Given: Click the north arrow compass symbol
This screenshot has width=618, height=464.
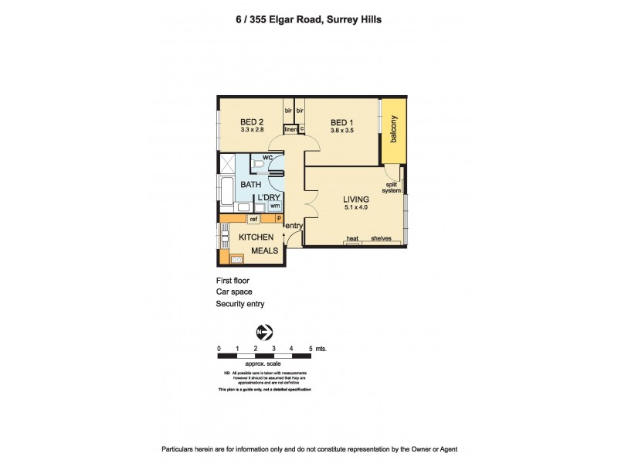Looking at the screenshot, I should pos(265,333).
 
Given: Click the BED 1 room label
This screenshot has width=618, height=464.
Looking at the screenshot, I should pos(342,121).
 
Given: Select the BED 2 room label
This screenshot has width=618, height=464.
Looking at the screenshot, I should pos(252,121).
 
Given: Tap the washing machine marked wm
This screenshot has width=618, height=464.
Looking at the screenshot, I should pos(274,206).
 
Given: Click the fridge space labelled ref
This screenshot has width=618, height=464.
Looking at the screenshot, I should pos(253,219).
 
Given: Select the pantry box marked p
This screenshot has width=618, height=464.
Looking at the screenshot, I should pos(278,219).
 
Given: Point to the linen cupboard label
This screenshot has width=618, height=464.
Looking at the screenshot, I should pos(290,129).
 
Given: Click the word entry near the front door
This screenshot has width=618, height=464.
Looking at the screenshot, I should pos(294,226).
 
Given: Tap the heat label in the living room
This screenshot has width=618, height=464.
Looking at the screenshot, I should pos(352,239).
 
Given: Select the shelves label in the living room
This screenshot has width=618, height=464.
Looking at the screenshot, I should pos(382,239).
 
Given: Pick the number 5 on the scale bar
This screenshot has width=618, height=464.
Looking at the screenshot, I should pos(310,349).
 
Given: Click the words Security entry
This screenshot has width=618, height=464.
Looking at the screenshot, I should pos(239,305).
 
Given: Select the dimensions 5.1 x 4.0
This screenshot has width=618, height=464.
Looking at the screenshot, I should pos(356,209).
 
